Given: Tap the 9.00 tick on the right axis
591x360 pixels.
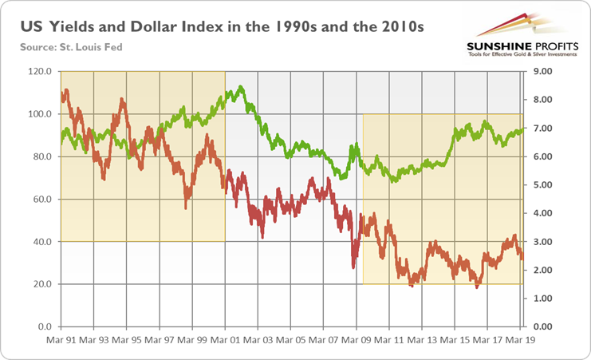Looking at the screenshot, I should (x=542, y=72).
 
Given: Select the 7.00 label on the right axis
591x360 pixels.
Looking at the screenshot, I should (x=542, y=129).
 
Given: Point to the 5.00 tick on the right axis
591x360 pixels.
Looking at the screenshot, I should (x=542, y=185).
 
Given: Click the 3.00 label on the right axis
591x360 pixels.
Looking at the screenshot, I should (x=542, y=242).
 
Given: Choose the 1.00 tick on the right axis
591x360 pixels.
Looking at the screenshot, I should (x=542, y=299).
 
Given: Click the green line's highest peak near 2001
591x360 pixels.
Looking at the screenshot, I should (x=232, y=88).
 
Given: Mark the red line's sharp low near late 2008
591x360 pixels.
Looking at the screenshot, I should (x=352, y=267).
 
